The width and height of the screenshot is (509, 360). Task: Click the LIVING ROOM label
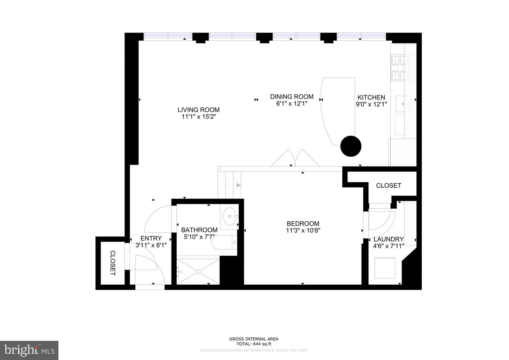(x=198, y=110)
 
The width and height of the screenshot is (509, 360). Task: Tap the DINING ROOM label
(x=292, y=97)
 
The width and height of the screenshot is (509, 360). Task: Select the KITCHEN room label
(x=371, y=97)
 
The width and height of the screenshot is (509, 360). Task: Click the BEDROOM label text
(x=303, y=223)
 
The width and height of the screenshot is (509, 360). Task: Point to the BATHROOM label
(x=199, y=230)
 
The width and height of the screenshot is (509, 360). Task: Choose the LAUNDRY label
(x=388, y=239)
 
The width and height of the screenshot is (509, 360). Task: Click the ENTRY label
(x=151, y=238)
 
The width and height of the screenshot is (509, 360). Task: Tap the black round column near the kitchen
(x=351, y=146)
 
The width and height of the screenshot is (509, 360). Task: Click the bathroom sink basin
(x=230, y=216)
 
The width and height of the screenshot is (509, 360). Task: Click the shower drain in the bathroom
(x=198, y=272)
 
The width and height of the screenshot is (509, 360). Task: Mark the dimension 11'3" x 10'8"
(x=303, y=230)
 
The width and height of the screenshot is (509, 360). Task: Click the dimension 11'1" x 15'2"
(x=198, y=116)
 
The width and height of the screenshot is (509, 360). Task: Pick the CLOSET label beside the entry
(x=112, y=263)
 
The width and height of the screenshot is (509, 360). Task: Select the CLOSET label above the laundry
(x=388, y=185)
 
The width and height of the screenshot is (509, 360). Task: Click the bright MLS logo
(x=29, y=350)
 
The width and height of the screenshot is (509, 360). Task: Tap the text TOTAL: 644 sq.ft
(x=254, y=344)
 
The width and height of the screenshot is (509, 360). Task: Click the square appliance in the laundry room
(x=386, y=268)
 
